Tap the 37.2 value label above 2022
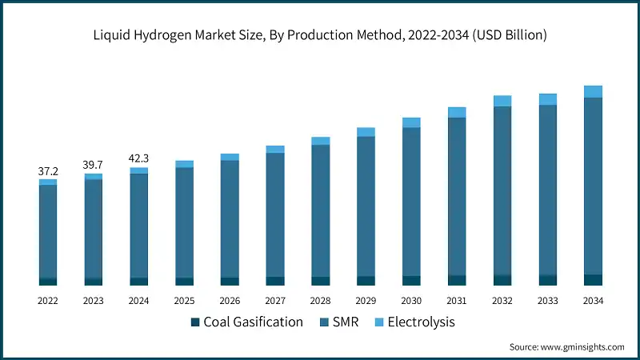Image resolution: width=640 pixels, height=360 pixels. click(48, 171)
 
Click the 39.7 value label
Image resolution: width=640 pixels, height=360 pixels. click(94, 165)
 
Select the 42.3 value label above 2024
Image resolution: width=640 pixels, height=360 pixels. click(139, 158)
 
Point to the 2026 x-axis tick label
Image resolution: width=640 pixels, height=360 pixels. click(230, 301)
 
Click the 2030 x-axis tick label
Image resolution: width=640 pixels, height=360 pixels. click(411, 301)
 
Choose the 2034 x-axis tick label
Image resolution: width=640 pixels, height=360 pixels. click(593, 301)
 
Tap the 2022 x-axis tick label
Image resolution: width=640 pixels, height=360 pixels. click(48, 301)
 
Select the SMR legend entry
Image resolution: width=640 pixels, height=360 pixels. click(341, 322)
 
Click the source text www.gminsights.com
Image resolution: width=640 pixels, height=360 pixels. click(566, 347)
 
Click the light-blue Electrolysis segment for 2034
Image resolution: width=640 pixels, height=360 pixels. click(593, 91)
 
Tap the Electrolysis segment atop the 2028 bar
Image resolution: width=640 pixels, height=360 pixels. click(321, 141)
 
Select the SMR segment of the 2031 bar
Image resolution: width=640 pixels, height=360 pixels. click(457, 196)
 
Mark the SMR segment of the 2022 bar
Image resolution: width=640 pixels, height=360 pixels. click(48, 231)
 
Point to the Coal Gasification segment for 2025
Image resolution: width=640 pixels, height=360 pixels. click(184, 281)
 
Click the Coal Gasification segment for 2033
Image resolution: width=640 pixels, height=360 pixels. click(547, 280)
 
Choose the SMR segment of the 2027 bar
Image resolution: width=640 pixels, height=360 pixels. click(275, 214)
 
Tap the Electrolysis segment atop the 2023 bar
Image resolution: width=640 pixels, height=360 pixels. click(94, 176)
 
